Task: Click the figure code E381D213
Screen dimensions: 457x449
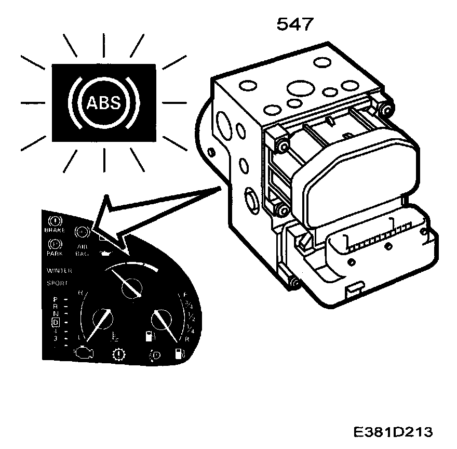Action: tap(392, 432)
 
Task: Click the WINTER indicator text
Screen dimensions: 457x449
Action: tap(59, 270)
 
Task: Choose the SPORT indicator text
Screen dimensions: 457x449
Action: tap(57, 284)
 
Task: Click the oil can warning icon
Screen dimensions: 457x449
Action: tap(105, 253)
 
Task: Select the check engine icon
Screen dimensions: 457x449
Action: tap(84, 355)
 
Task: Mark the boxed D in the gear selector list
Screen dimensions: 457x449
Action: tap(56, 322)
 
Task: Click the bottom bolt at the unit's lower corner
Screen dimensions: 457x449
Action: tap(294, 283)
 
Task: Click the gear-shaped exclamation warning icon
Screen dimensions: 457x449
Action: tap(119, 356)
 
